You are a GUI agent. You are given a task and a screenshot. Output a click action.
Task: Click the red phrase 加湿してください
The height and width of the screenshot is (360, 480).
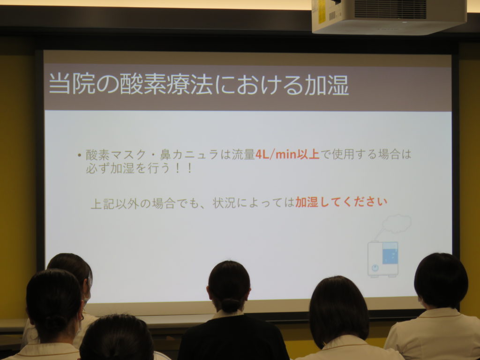tap(341, 202)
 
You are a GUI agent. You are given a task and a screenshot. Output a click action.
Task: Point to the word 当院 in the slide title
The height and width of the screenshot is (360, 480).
tap(72, 84)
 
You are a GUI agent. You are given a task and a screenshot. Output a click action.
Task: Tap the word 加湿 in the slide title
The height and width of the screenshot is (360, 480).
tap(326, 84)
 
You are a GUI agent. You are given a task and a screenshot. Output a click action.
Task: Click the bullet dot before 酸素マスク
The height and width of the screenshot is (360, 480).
tap(79, 156)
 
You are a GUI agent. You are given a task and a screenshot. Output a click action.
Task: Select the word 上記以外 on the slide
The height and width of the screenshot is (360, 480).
tap(115, 203)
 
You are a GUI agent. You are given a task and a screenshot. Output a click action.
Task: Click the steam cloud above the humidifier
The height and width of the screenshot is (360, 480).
tap(397, 224)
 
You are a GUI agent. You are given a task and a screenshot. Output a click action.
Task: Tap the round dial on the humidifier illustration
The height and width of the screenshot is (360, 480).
tap(375, 268)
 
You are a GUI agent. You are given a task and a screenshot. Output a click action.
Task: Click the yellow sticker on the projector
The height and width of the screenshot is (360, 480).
tap(322, 12)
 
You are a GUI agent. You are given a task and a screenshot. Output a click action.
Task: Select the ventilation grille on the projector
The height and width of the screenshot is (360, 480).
tap(390, 9)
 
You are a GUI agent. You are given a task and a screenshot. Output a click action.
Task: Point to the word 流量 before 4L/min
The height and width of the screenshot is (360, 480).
tap(243, 155)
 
